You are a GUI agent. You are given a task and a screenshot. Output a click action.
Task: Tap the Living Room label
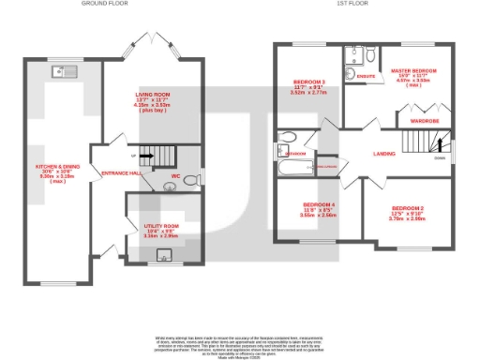[x=151, y=99]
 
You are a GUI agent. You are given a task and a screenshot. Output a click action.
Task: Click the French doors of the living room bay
[x=151, y=43]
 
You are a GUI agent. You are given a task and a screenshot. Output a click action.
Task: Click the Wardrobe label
[x=425, y=120]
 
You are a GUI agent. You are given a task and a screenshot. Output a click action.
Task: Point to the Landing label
[x=384, y=153]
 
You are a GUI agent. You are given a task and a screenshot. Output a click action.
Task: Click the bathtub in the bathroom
[x=296, y=170]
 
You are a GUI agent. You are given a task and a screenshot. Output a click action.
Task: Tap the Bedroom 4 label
[x=319, y=209]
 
